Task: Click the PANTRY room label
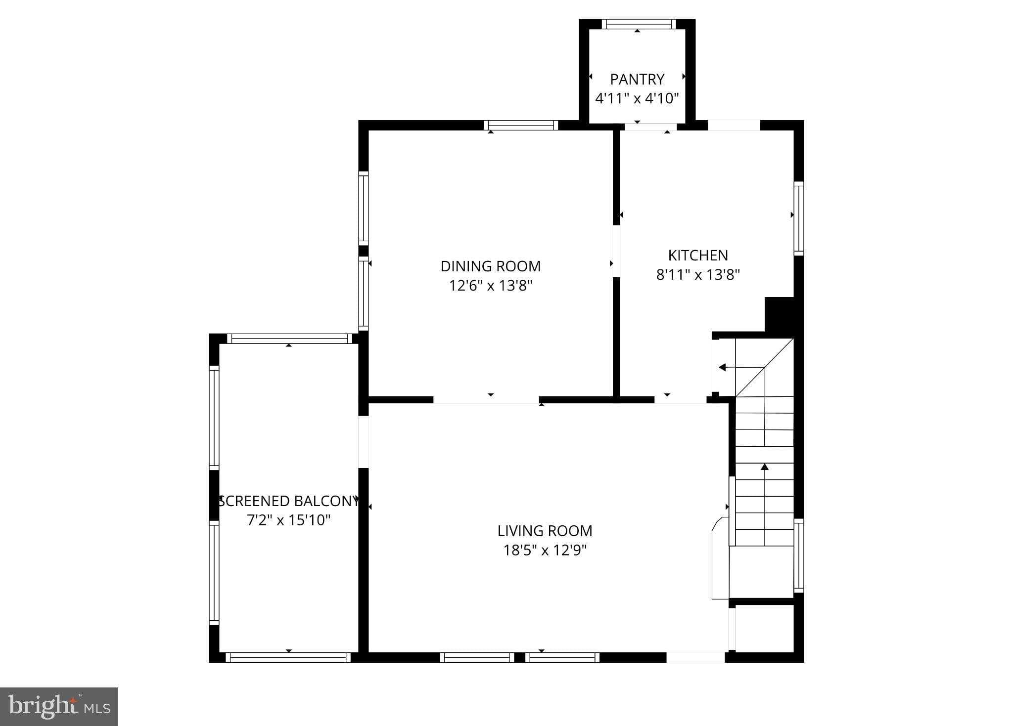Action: pyautogui.click(x=637, y=79)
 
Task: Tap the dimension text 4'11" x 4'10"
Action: pyautogui.click(x=637, y=98)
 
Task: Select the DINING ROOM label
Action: pyautogui.click(x=490, y=266)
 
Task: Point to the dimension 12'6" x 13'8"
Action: pyautogui.click(x=490, y=286)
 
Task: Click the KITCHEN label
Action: pyautogui.click(x=698, y=256)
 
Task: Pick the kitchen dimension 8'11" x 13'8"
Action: pyautogui.click(x=698, y=275)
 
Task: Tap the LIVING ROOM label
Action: pyautogui.click(x=545, y=531)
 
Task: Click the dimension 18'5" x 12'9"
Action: pyautogui.click(x=545, y=550)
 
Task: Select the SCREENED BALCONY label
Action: pyautogui.click(x=288, y=501)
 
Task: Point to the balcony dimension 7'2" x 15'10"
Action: pyautogui.click(x=288, y=520)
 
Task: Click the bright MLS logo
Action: pyautogui.click(x=59, y=706)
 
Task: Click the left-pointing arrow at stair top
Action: pyautogui.click(x=723, y=367)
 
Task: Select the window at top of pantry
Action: pyautogui.click(x=639, y=24)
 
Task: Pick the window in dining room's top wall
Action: pyautogui.click(x=520, y=125)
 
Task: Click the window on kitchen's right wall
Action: pyautogui.click(x=798, y=218)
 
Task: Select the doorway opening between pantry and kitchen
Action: pyautogui.click(x=650, y=127)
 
